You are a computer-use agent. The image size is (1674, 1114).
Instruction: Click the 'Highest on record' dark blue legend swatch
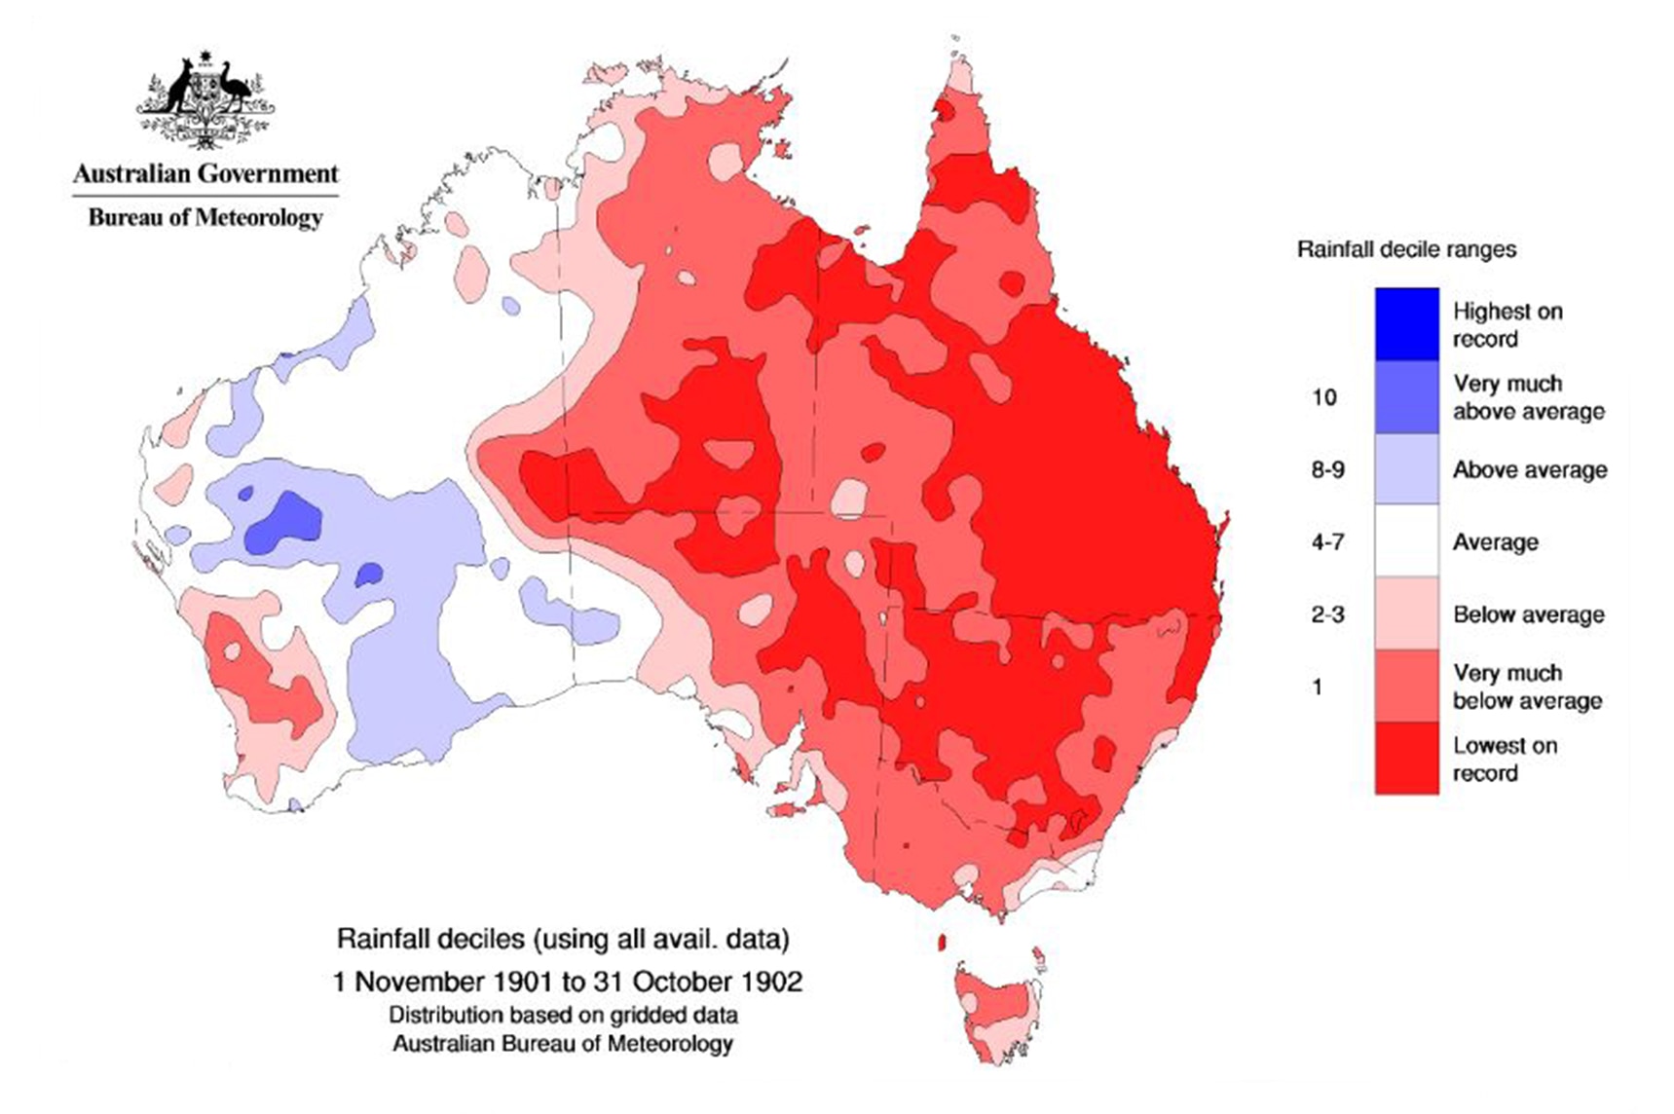tap(1406, 324)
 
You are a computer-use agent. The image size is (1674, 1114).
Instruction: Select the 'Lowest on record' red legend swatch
tap(1406, 759)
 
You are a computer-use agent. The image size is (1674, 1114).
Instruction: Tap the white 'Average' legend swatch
tap(1406, 541)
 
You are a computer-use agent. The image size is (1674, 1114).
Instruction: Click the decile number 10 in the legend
tap(1323, 397)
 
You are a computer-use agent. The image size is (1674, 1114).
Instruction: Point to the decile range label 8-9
tap(1327, 470)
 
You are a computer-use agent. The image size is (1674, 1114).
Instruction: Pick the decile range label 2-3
tap(1327, 614)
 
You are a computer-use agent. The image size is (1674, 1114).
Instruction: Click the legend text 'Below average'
tap(1528, 614)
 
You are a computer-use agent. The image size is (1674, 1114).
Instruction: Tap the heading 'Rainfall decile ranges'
tap(1406, 249)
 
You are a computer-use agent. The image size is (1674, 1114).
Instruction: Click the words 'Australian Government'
tap(205, 174)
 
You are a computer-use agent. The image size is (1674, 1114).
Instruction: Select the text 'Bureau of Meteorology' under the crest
tap(205, 216)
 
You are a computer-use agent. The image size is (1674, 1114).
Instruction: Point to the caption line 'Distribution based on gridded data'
tap(563, 1015)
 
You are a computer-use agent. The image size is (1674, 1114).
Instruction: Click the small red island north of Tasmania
tap(942, 942)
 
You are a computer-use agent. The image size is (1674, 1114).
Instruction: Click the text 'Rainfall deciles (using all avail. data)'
tap(563, 939)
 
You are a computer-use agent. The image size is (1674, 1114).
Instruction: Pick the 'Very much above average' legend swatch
tap(1406, 397)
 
